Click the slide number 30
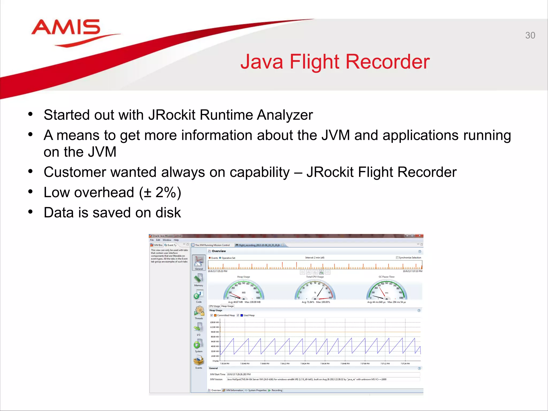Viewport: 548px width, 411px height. click(530, 35)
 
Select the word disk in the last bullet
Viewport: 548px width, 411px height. click(168, 213)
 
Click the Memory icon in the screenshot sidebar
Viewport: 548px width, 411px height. click(199, 279)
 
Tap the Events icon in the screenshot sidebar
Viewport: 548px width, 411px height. click(199, 361)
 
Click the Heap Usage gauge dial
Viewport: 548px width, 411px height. click(243, 290)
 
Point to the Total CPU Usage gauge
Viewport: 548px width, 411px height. click(315, 290)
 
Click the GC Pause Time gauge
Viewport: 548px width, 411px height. click(386, 290)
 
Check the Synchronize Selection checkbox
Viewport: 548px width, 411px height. click(397, 258)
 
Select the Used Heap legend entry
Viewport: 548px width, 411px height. click(249, 315)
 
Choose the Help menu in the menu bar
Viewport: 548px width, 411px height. click(176, 240)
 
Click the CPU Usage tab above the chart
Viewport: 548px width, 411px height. click(214, 306)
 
